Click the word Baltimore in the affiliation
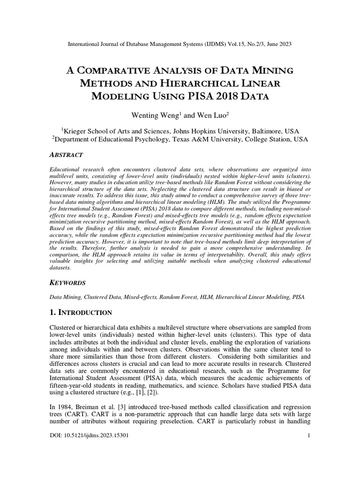click(x=268, y=131)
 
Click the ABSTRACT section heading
click(x=66, y=155)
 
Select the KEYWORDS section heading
click(x=67, y=284)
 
